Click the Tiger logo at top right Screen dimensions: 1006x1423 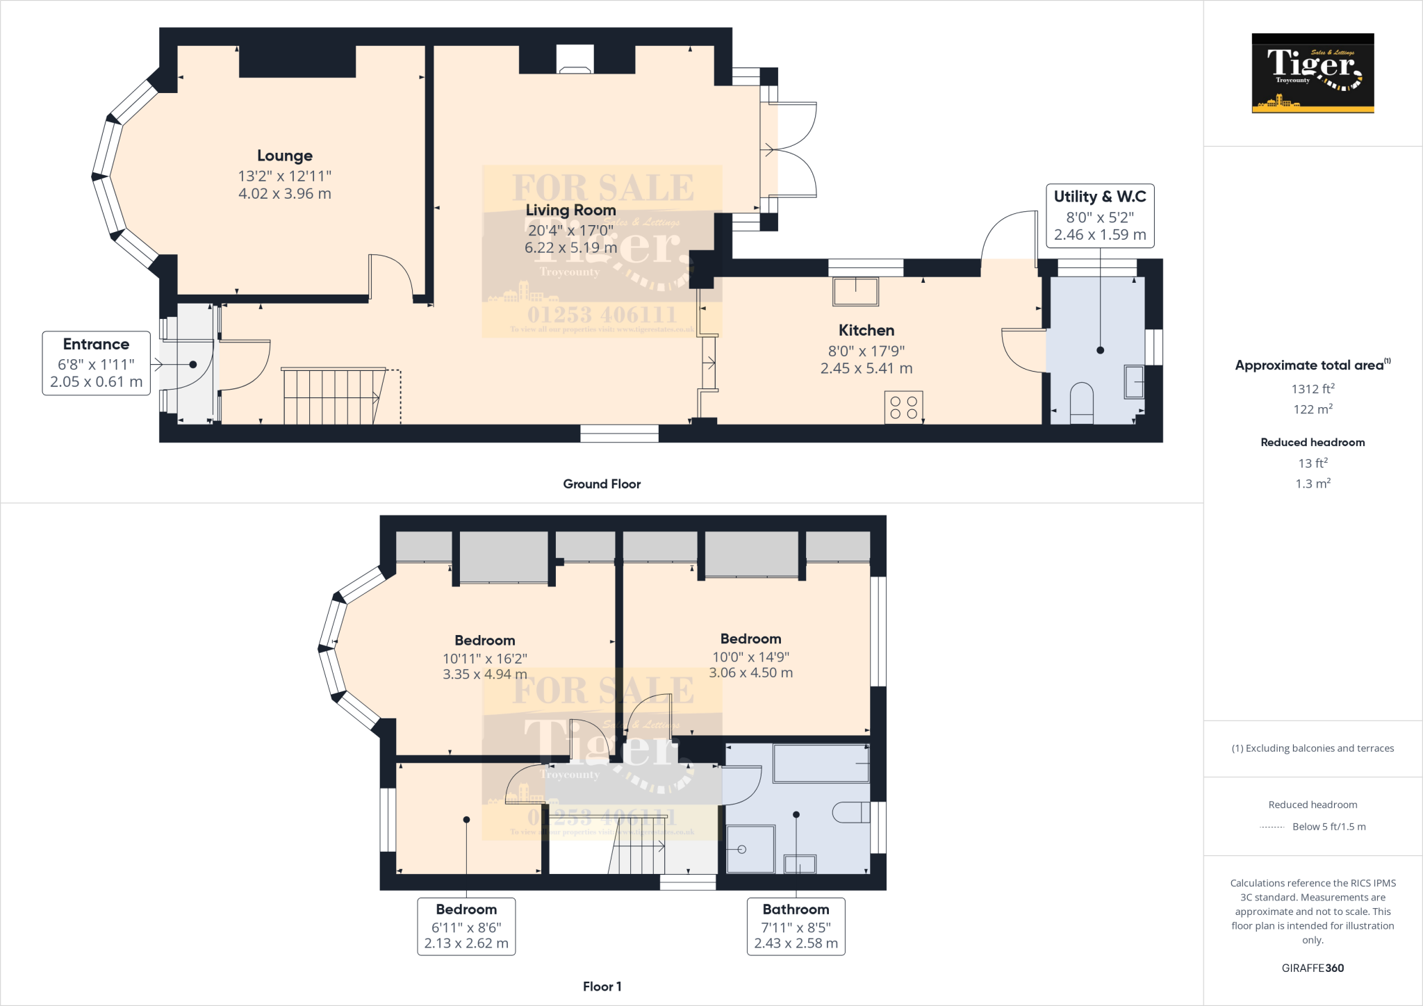tap(1313, 73)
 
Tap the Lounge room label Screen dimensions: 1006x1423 tap(285, 156)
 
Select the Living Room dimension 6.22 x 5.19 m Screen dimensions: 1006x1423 tap(570, 248)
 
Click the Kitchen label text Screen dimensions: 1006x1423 tap(866, 330)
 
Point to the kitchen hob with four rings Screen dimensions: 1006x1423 tap(903, 407)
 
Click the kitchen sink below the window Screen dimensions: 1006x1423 tap(855, 291)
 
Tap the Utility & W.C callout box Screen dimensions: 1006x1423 tap(1100, 215)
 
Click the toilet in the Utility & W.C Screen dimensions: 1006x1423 tap(1081, 403)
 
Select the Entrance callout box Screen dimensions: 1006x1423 tap(96, 363)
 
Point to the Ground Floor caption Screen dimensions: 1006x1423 tap(602, 484)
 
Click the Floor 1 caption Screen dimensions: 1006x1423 tap(602, 987)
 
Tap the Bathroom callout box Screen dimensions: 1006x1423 tap(796, 926)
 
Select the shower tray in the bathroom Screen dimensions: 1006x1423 tap(750, 848)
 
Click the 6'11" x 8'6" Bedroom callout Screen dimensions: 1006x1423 tap(466, 926)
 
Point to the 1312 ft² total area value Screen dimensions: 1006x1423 tap(1313, 389)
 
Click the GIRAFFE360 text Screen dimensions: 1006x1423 tap(1313, 968)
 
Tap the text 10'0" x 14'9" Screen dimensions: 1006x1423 tap(750, 657)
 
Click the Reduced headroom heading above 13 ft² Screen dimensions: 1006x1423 tap(1313, 443)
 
